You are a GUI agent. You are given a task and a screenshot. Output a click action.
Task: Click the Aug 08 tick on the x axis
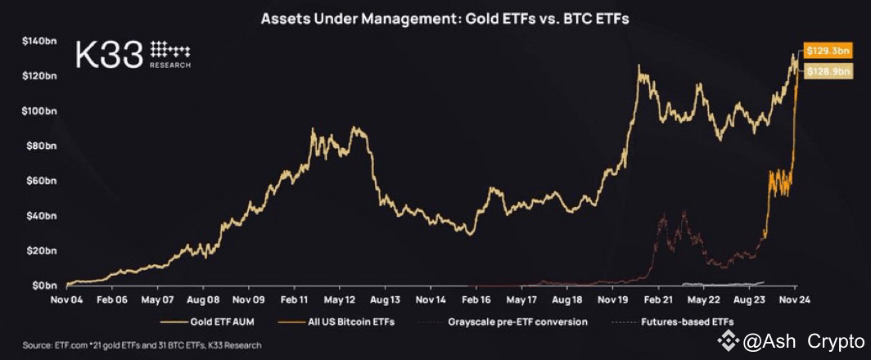201,300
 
